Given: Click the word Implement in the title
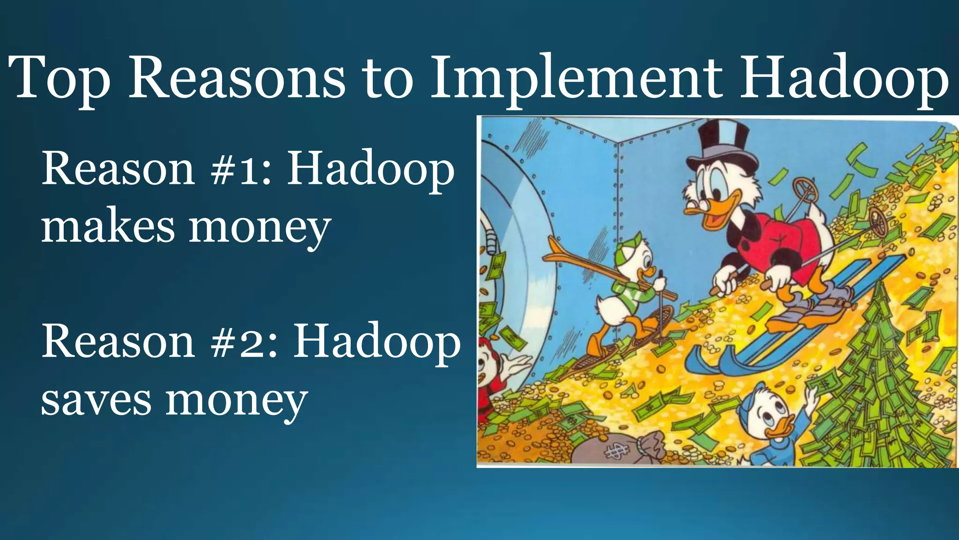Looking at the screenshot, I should pyautogui.click(x=576, y=77).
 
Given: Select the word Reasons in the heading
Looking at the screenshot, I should pyautogui.click(x=236, y=77).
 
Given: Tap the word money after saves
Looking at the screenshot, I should pyautogui.click(x=236, y=401).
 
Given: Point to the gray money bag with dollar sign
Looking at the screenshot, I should pyautogui.click(x=613, y=450).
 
